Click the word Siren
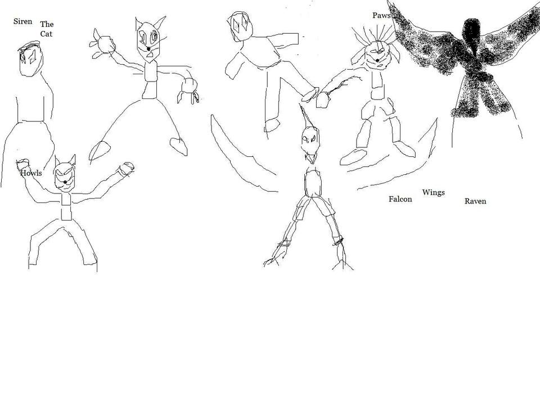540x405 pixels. [22, 21]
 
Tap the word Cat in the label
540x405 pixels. [47, 34]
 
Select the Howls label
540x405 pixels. [31, 173]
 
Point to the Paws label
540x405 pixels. [381, 16]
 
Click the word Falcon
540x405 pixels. [400, 199]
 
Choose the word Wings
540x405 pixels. [433, 192]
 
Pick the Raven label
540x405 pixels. [475, 201]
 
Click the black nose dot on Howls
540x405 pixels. [65, 182]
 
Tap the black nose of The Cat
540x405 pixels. [148, 49]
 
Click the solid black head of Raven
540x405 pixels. [471, 34]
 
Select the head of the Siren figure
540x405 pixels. [31, 58]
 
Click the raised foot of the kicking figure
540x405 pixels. [310, 94]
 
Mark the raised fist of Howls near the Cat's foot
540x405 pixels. [125, 169]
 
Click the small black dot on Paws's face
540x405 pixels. [377, 60]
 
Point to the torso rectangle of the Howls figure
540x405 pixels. [66, 206]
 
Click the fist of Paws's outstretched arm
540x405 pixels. [323, 100]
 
